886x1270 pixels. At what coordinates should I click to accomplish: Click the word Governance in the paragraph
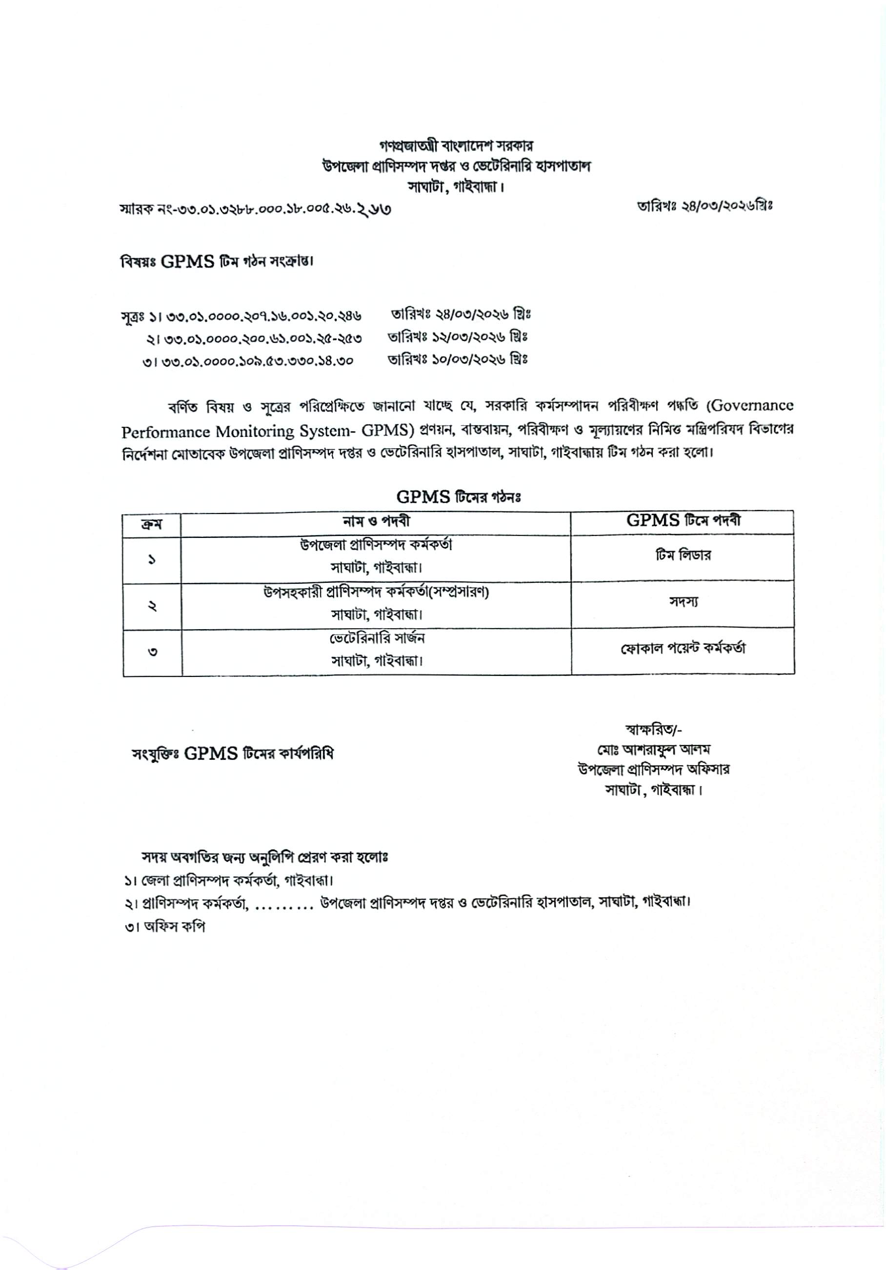752,405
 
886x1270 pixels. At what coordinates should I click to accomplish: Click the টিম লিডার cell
683,556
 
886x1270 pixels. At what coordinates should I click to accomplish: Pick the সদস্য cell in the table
683,602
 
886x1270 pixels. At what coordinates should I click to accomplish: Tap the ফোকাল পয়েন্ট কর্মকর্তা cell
683,648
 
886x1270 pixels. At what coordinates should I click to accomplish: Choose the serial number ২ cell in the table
152,606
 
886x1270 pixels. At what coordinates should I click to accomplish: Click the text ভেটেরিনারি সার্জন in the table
377,638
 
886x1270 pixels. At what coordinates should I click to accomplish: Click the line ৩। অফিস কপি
165,927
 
